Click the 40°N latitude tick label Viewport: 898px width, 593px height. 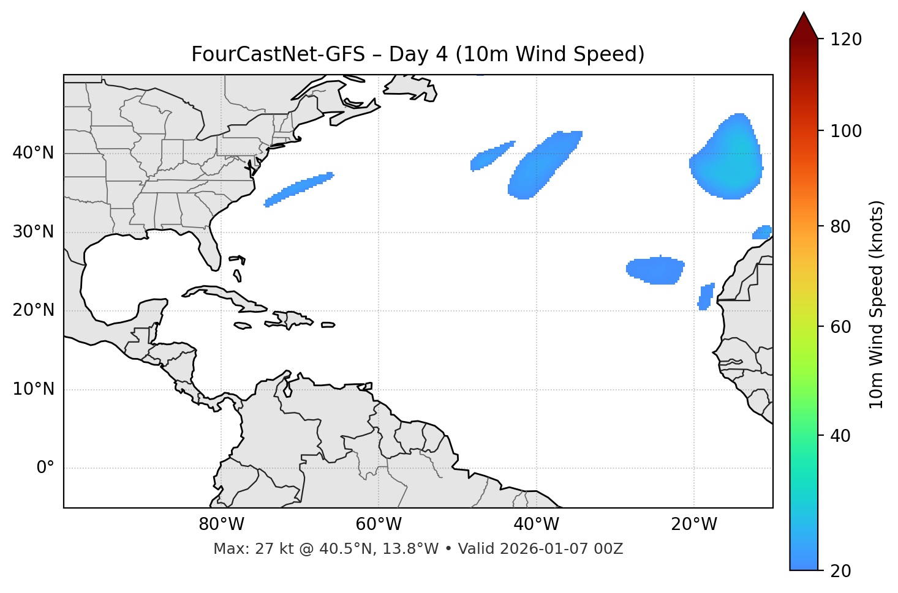coord(33,153)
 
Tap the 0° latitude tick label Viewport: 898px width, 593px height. coord(45,468)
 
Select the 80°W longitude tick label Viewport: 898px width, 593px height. coord(221,524)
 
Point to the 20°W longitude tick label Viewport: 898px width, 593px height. coord(694,524)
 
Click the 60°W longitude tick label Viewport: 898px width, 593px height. coord(379,524)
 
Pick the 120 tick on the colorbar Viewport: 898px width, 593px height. coord(846,40)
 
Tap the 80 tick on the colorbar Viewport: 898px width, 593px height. coord(842,227)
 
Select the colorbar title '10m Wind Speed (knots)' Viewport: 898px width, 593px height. coord(877,304)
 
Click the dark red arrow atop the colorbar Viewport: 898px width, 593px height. coord(803,26)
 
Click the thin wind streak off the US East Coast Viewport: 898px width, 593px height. coord(300,189)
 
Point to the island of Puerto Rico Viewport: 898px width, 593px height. coord(328,325)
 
